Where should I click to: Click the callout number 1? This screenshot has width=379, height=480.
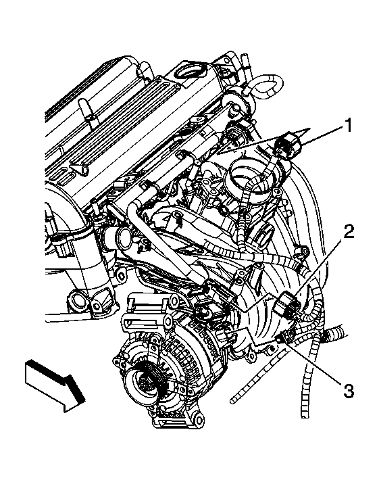(347, 126)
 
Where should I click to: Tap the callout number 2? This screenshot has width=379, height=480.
(349, 231)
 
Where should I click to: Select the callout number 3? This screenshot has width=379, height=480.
(347, 391)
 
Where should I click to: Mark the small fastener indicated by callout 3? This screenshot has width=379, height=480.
(279, 337)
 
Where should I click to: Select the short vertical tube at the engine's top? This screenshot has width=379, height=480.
(245, 62)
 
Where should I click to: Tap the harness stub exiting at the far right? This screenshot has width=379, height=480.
(336, 333)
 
